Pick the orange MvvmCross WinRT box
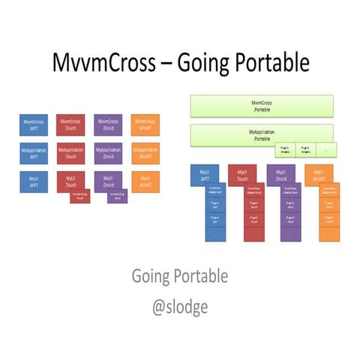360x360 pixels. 145,124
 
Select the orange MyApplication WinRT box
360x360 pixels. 145,154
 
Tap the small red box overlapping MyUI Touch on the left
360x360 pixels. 80,196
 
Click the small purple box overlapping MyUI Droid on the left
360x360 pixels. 117,196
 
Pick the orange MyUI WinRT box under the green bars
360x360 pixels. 317,174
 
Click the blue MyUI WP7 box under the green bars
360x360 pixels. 204,174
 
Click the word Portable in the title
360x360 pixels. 258,62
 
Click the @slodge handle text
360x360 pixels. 180,306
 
